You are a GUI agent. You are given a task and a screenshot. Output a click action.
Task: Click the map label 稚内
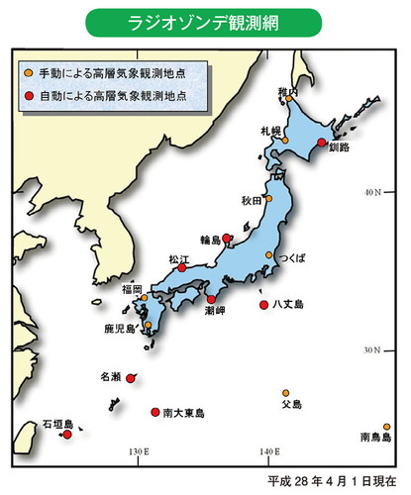point(288,91)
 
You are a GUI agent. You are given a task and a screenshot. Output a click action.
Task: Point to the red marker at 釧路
point(321,143)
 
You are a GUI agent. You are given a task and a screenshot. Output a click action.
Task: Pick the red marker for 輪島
point(227,238)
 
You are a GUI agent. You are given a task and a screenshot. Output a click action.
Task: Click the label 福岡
point(132,288)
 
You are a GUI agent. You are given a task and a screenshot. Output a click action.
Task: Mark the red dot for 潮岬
point(210,299)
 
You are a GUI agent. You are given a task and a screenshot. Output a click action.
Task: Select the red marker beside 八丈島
point(263,305)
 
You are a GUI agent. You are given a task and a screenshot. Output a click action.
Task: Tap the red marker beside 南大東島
point(154,412)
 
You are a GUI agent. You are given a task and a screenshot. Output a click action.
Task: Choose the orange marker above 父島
point(285,392)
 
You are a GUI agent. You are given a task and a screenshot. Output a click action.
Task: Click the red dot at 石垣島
point(66,433)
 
